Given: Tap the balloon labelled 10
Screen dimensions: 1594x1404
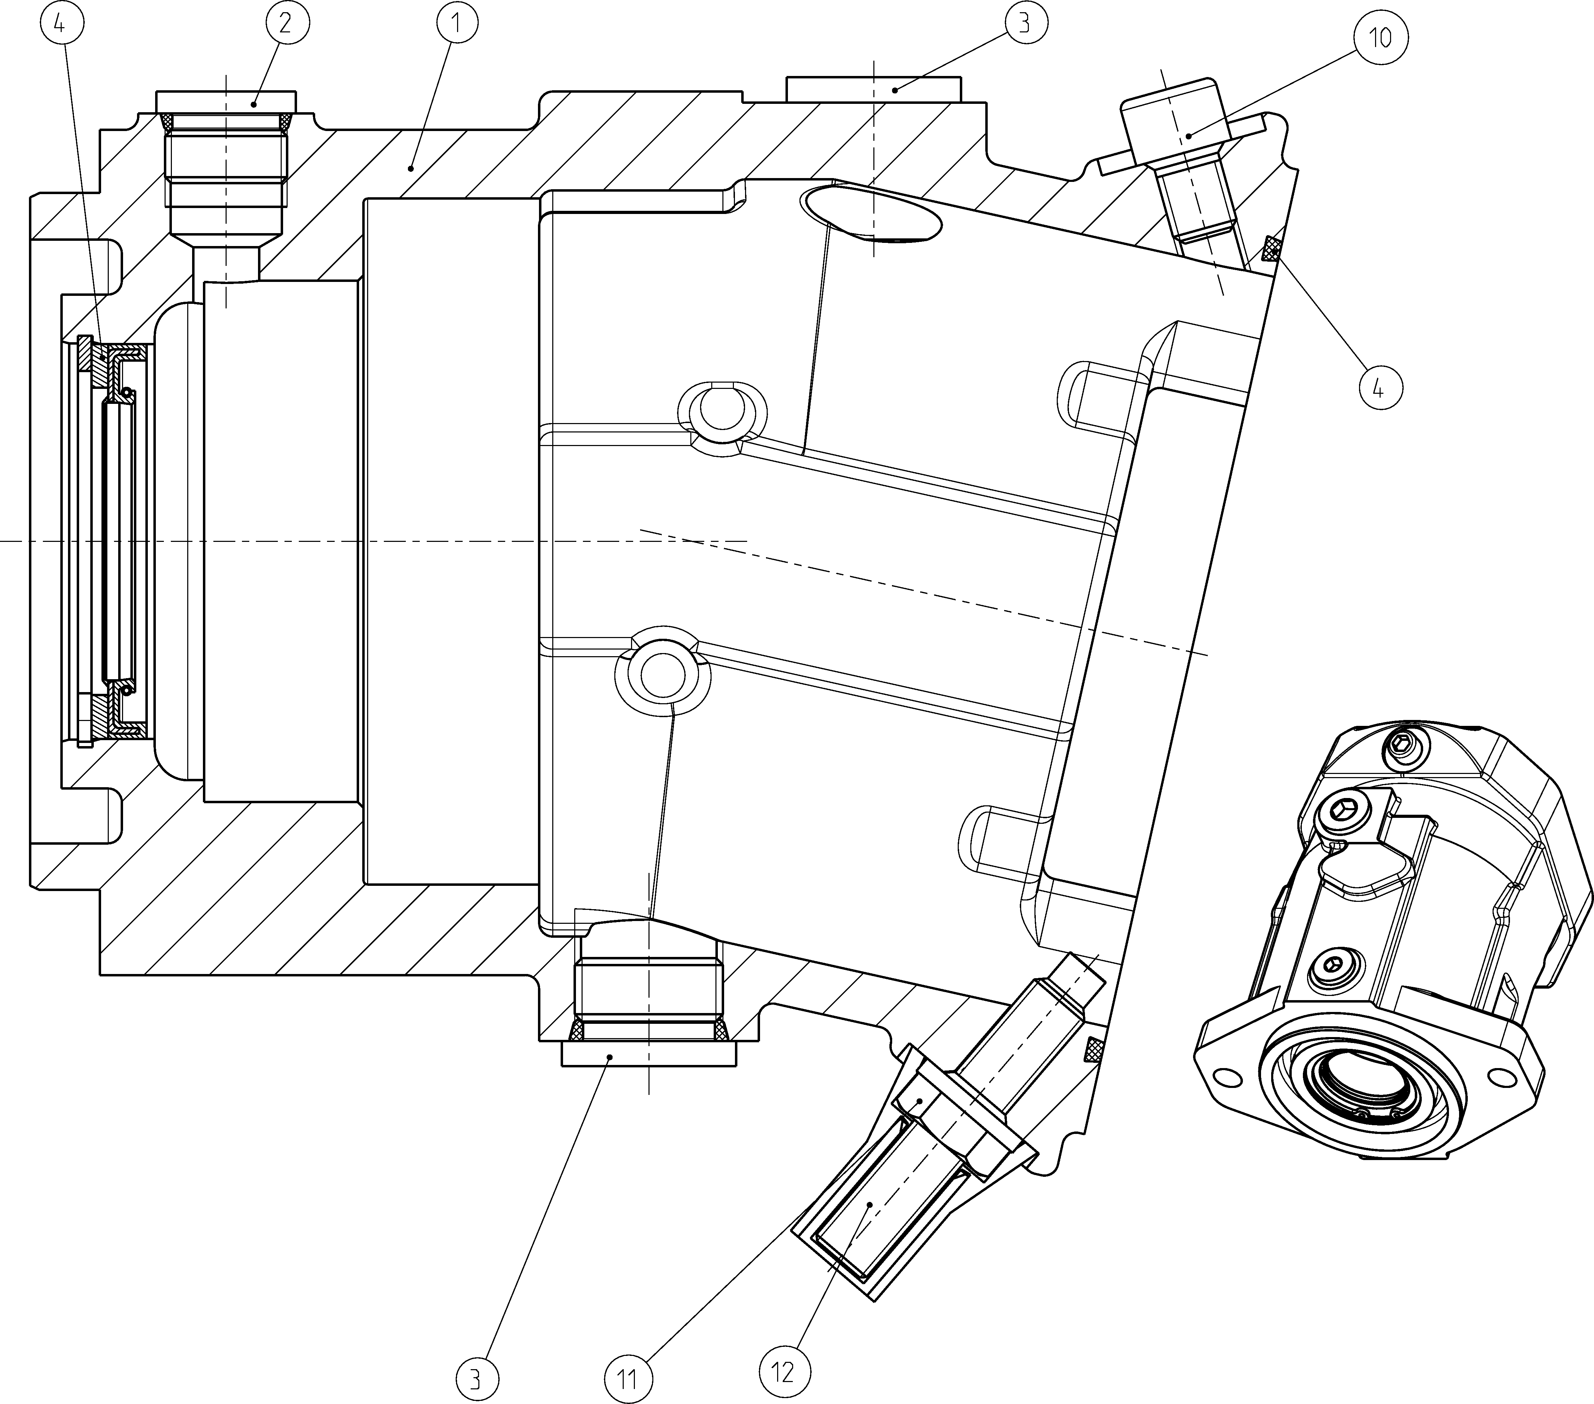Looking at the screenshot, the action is pyautogui.click(x=1380, y=37).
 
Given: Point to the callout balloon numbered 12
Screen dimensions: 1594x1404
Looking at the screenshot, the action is pyautogui.click(x=784, y=1371).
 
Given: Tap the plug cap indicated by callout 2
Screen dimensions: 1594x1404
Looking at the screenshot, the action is pyautogui.click(x=226, y=101).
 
